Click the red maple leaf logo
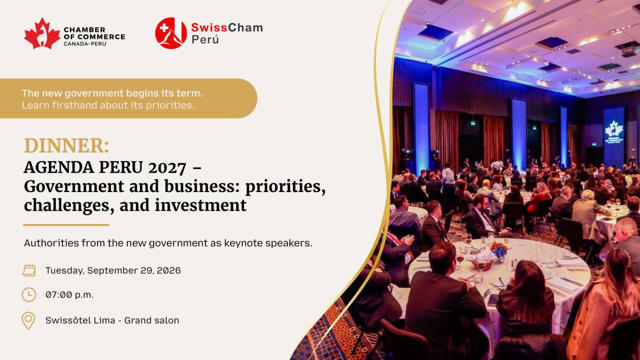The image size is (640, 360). [x=42, y=34]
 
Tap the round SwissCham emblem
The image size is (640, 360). [x=171, y=33]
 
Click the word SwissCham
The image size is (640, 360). [x=227, y=28]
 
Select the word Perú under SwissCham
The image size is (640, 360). [x=205, y=39]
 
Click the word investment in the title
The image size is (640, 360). [x=201, y=205]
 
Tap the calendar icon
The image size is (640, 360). [x=29, y=270]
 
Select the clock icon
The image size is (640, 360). [x=29, y=294]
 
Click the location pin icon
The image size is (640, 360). [x=29, y=321]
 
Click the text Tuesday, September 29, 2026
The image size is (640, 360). [x=113, y=270]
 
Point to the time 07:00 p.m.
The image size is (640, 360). [x=69, y=294]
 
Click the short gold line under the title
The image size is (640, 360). [x=66, y=225]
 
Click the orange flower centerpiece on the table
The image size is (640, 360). [x=499, y=249]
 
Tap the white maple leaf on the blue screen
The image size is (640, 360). [x=613, y=129]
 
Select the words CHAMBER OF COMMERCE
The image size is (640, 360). [x=94, y=33]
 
